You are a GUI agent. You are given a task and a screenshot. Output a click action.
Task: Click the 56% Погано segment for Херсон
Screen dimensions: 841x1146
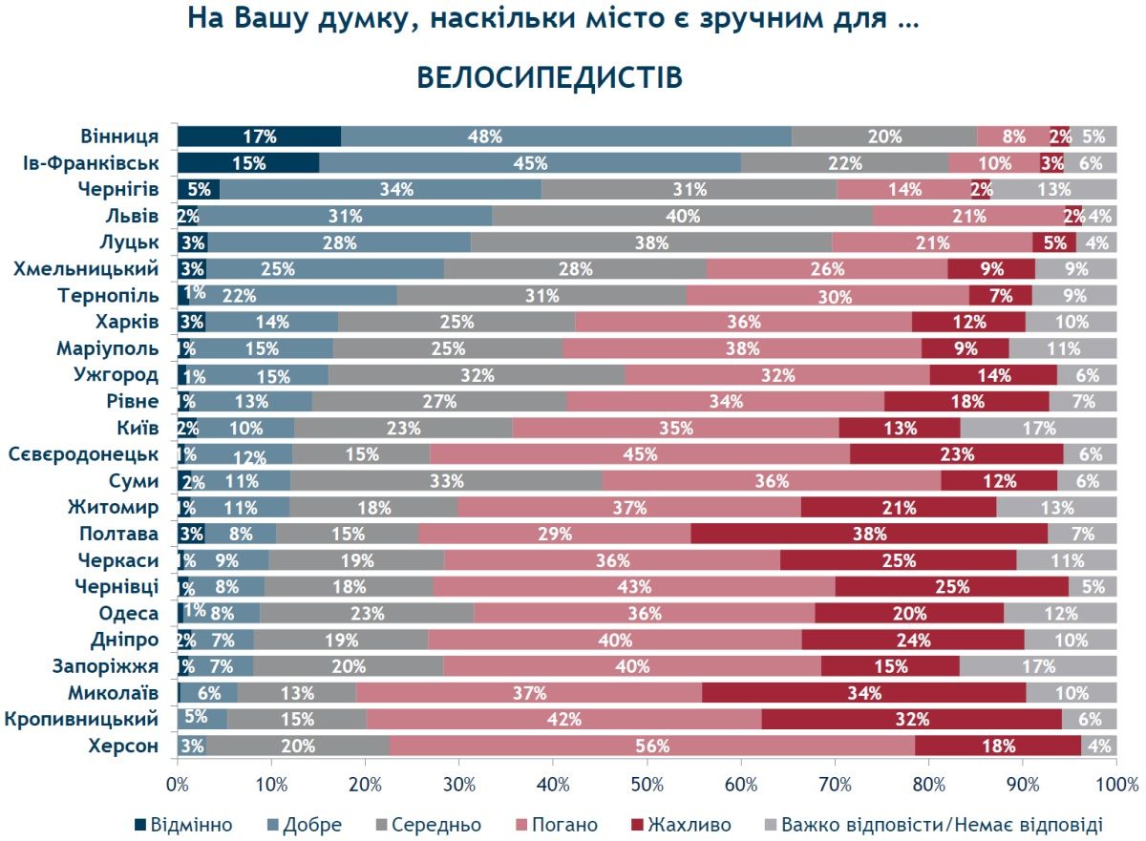tap(652, 746)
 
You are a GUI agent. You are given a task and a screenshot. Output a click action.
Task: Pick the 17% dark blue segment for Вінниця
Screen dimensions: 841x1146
tap(259, 137)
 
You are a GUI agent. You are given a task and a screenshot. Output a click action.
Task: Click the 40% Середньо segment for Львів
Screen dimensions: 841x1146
tap(682, 216)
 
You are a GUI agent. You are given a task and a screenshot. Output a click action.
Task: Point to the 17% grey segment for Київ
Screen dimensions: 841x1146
tap(1038, 428)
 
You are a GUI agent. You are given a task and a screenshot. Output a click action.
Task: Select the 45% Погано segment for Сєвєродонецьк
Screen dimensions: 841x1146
tap(640, 454)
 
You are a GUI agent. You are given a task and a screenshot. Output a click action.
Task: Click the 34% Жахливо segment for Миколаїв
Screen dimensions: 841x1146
tap(863, 692)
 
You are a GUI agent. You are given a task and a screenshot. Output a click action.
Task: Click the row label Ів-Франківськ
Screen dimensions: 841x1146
tap(91, 162)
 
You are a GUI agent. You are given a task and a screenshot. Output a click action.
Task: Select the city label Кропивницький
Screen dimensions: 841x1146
tap(82, 719)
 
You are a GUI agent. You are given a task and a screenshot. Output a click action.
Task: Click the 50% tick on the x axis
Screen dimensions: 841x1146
tap(647, 785)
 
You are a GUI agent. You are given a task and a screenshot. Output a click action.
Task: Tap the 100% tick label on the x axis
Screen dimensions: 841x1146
tap(1115, 785)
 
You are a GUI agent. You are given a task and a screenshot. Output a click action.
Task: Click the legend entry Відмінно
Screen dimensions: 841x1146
tap(181, 824)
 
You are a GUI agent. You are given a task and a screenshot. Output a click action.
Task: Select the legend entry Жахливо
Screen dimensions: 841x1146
tap(681, 824)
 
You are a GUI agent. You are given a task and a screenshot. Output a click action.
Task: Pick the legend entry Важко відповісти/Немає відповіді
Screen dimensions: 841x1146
tap(932, 824)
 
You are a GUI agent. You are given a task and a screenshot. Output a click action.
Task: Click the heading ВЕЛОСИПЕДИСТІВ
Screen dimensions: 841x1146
tap(550, 77)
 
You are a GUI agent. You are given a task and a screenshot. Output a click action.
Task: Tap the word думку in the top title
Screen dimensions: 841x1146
tap(359, 18)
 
